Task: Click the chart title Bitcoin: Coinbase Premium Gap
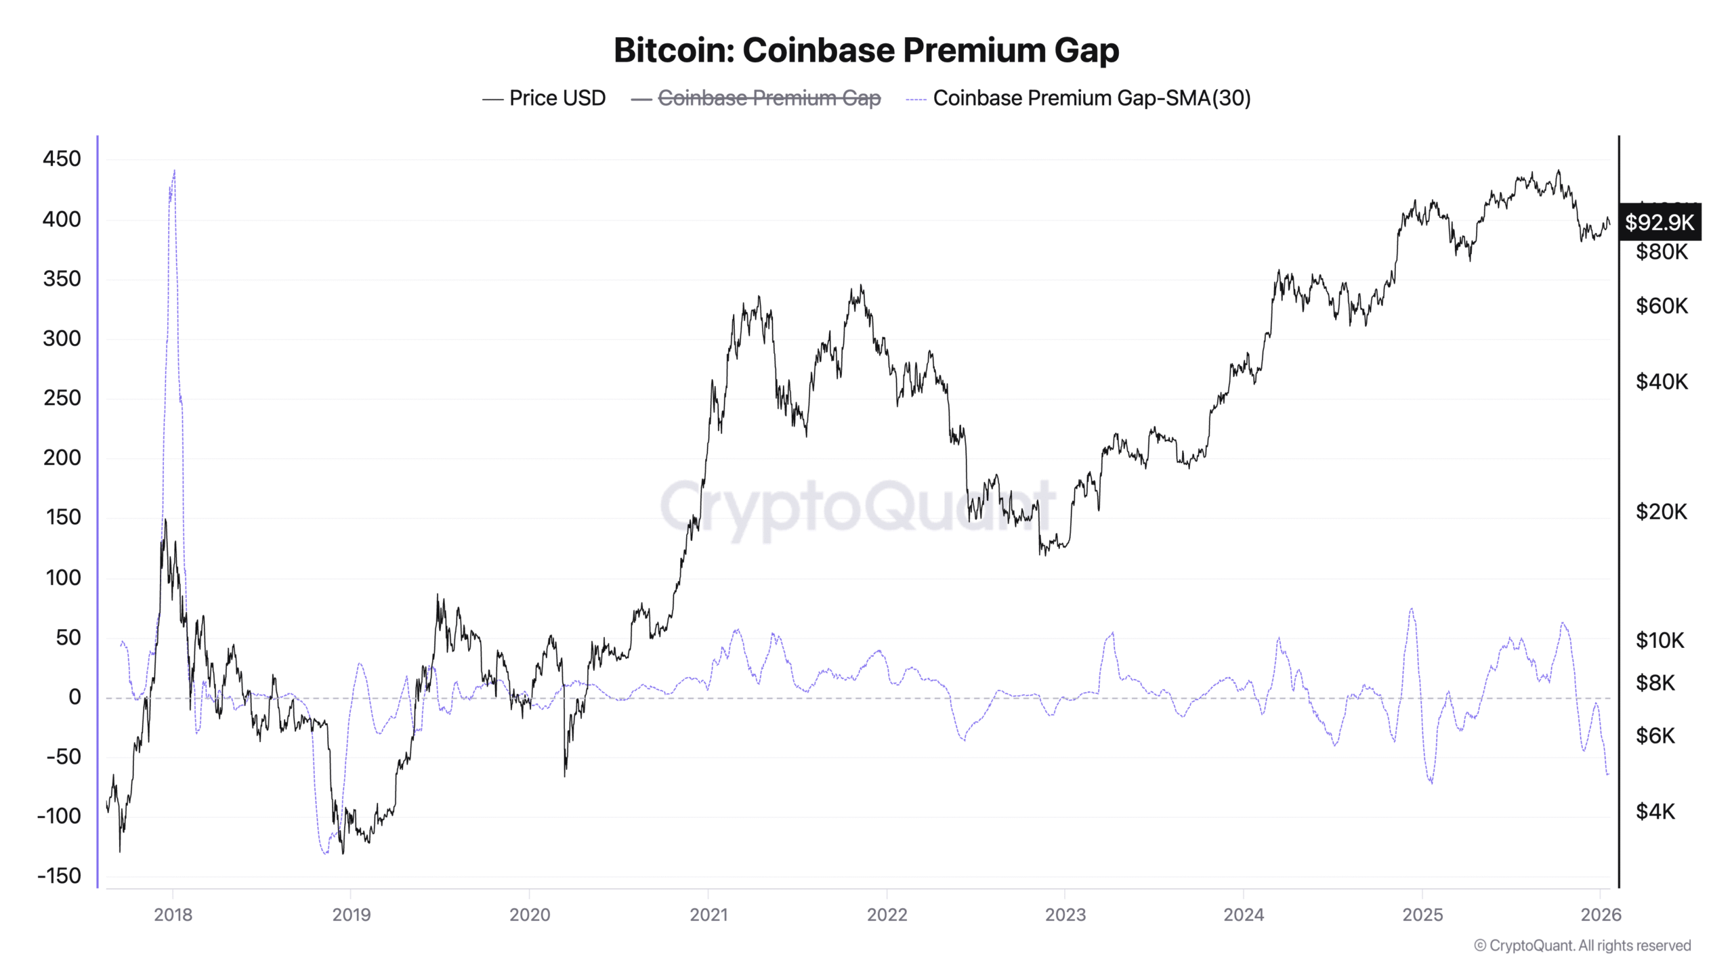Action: [x=866, y=50]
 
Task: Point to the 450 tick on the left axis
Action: [x=62, y=159]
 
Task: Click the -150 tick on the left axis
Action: [x=59, y=875]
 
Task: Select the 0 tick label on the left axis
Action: [x=75, y=697]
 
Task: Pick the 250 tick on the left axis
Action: [x=62, y=397]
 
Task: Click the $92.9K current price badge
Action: [x=1659, y=222]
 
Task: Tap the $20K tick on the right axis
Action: [x=1661, y=511]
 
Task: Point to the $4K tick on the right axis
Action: [x=1655, y=810]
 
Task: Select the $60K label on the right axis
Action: [x=1661, y=306]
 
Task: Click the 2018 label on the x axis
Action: [x=173, y=915]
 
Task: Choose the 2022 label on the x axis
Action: [x=886, y=915]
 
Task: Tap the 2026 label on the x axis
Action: [x=1601, y=915]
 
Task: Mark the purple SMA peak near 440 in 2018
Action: [x=174, y=171]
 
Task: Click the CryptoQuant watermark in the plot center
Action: [x=857, y=506]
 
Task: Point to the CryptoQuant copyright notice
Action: [x=1582, y=945]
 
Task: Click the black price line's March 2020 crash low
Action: [x=565, y=775]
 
